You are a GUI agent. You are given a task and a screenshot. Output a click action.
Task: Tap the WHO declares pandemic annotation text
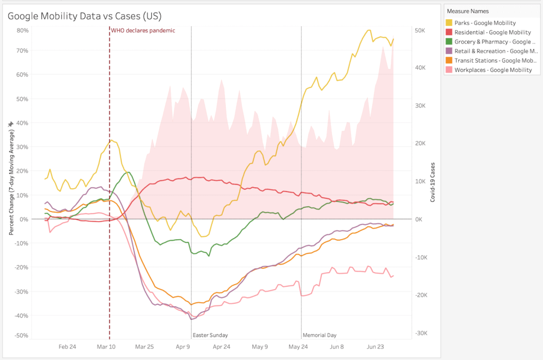tap(143, 31)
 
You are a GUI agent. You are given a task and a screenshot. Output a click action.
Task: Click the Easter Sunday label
tap(210, 335)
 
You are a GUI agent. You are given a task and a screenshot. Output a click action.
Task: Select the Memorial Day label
tap(319, 335)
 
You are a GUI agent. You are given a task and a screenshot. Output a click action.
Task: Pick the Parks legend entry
tap(485, 23)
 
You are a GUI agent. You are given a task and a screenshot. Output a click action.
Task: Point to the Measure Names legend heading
tap(467, 11)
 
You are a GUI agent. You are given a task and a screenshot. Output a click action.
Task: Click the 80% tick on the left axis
tap(22, 30)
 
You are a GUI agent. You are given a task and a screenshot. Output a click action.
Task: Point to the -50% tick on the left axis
tap(21, 335)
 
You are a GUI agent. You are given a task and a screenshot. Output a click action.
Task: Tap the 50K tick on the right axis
tap(420, 31)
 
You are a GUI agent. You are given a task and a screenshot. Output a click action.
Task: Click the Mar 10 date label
tap(106, 347)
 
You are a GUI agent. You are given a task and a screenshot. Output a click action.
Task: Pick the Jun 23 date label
tap(375, 347)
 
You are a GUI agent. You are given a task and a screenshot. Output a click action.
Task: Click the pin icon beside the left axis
tap(10, 124)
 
